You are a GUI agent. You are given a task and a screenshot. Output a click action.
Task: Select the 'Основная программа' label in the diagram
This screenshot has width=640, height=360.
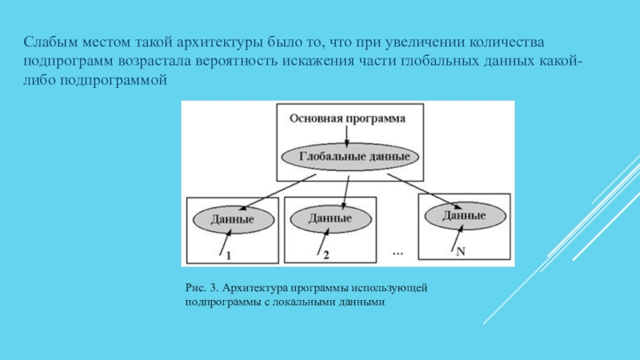tap(346, 118)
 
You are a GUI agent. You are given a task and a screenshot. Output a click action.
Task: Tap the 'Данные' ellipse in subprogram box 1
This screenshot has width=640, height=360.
tap(232, 218)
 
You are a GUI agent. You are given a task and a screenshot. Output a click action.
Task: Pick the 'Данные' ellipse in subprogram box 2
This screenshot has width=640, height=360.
tap(330, 217)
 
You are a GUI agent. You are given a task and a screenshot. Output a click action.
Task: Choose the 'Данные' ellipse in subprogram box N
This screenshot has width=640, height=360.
tap(464, 214)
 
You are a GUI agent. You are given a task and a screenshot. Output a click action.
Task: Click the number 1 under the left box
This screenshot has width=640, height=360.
tap(228, 256)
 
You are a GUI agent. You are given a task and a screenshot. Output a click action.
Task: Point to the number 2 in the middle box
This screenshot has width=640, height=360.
tap(326, 256)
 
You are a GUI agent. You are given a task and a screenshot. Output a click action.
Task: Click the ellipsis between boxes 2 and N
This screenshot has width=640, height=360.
tap(398, 253)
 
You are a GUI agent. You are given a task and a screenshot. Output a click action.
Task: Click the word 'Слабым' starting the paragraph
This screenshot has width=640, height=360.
tap(46, 41)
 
